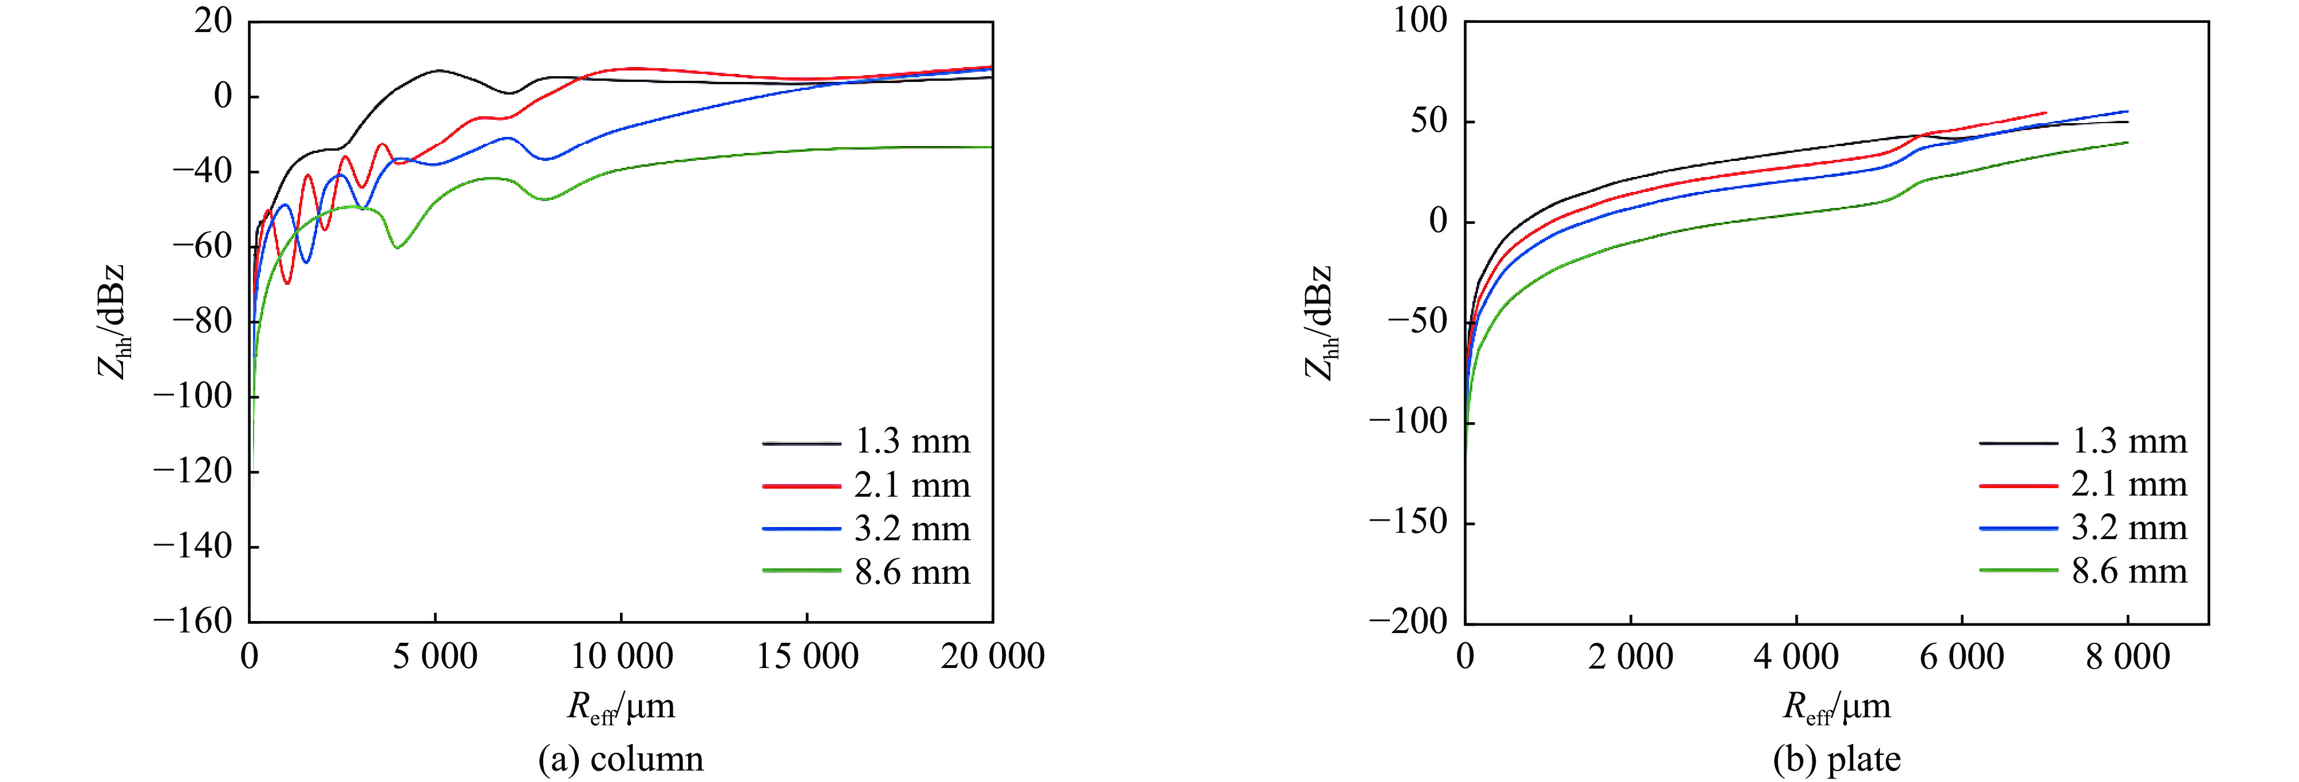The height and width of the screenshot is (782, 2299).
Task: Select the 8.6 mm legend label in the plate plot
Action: coord(2128,571)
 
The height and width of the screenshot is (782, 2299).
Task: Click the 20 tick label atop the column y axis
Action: coord(214,21)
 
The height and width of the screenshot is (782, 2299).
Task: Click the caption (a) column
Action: coord(621,759)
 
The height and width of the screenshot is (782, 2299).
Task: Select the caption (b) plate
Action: coord(1836,759)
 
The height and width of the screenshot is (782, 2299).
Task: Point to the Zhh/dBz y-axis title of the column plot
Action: coord(112,321)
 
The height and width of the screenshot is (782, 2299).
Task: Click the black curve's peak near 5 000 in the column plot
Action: coord(438,70)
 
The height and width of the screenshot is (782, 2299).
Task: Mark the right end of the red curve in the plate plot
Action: coord(2045,112)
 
